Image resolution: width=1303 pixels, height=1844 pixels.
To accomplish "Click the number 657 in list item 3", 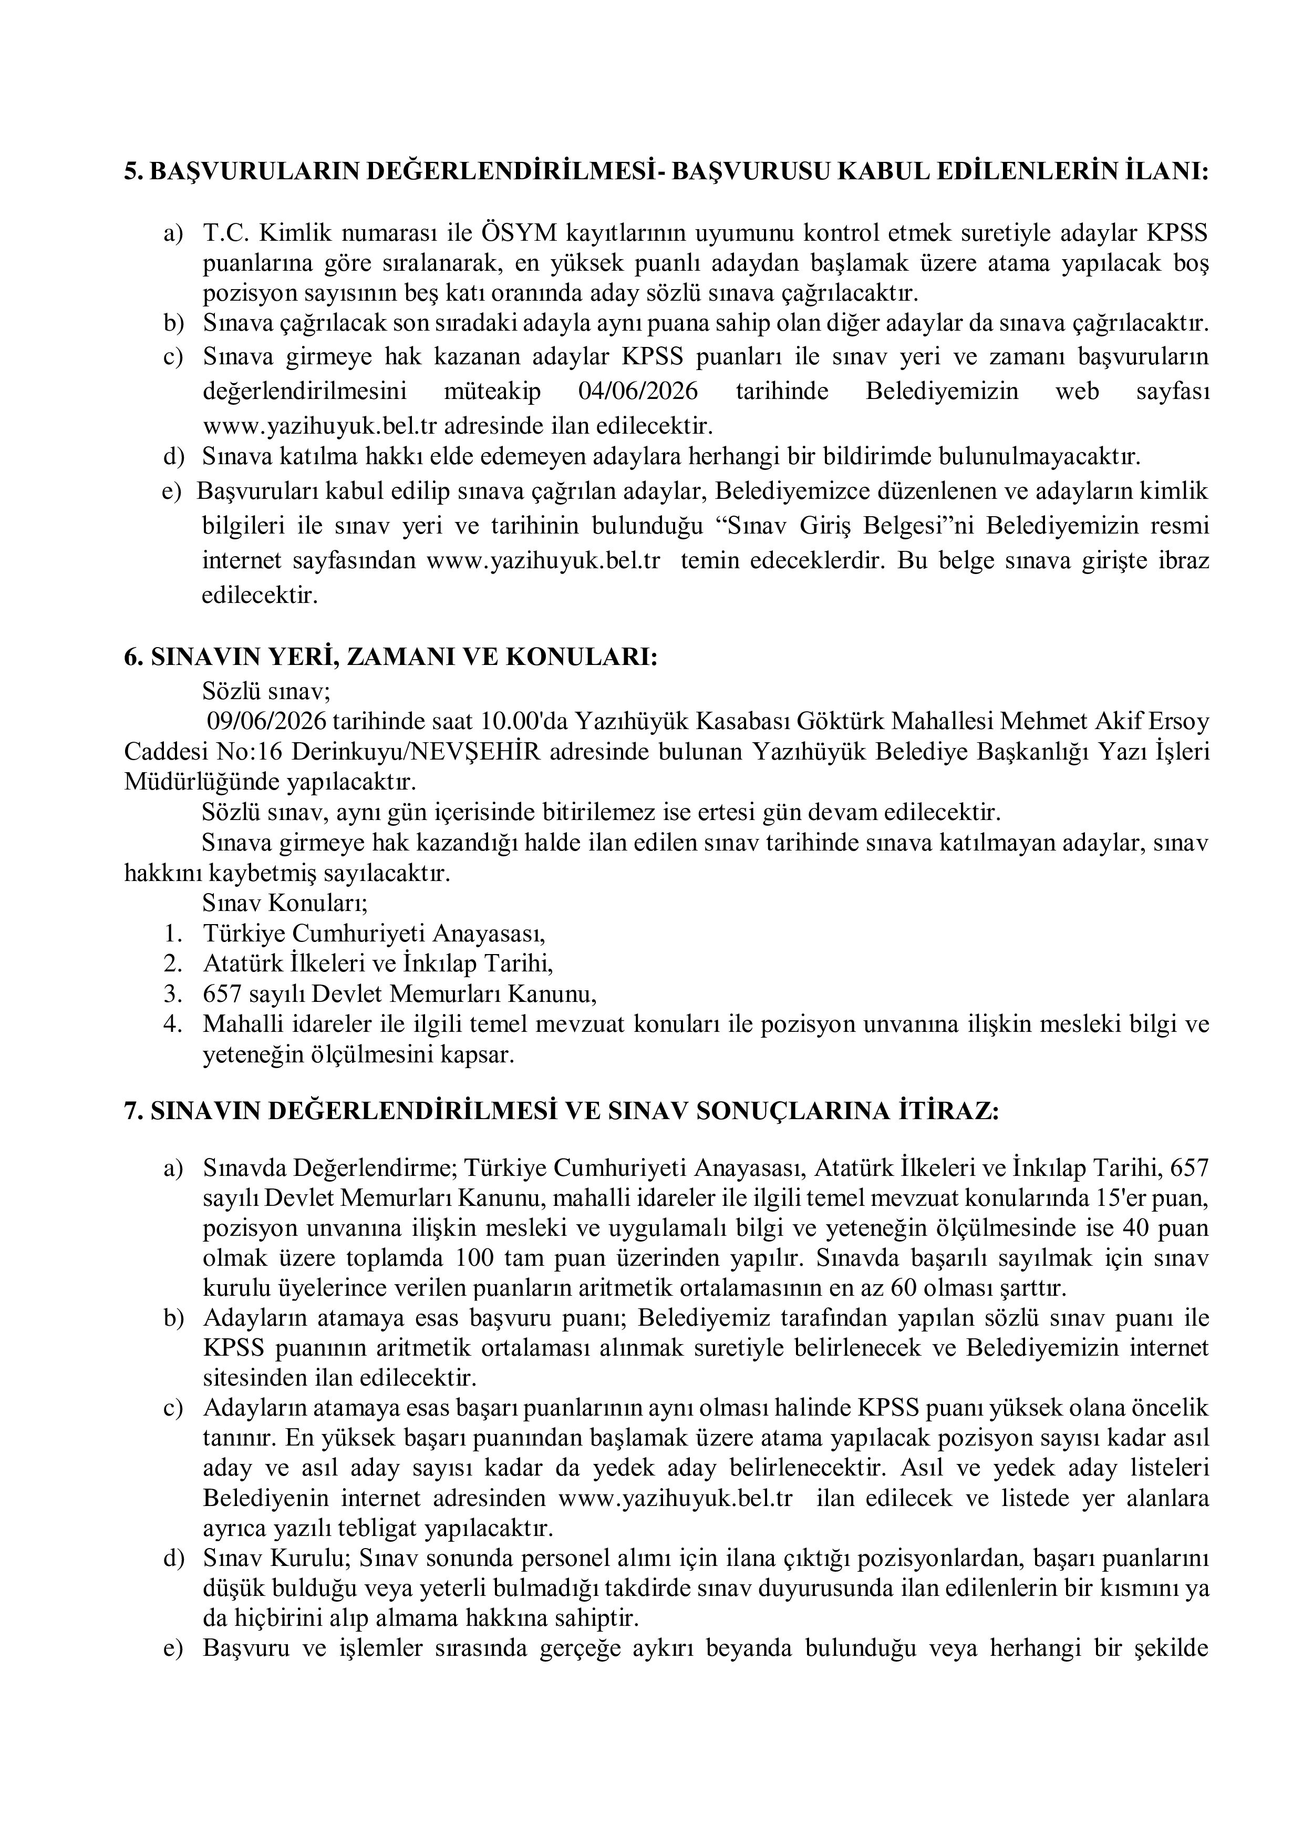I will point(222,995).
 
